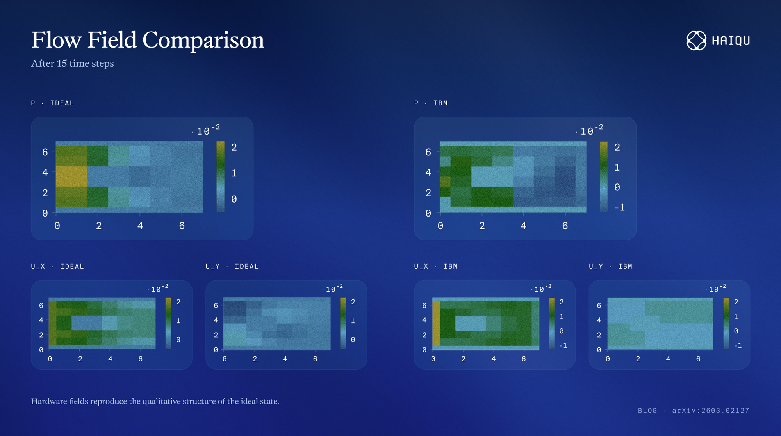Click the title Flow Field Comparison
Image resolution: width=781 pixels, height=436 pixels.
148,40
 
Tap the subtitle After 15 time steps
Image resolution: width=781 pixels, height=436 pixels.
73,64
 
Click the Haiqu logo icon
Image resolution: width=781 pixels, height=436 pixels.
696,41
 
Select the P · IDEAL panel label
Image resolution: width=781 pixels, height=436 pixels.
53,103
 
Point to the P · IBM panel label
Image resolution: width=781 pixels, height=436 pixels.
431,103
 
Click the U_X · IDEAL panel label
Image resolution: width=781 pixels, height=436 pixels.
58,266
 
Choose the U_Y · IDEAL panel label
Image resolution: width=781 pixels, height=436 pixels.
232,266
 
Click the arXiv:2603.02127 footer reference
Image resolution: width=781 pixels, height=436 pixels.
711,411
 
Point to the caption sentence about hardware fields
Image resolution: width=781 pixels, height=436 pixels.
155,401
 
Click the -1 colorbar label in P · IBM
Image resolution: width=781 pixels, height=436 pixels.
620,207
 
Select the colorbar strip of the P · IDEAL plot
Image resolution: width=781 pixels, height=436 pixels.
221,176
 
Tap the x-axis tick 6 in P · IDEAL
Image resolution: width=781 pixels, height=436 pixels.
182,226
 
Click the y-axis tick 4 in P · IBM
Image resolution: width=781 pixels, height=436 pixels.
428,172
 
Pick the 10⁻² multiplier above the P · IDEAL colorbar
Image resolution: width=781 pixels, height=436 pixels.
206,130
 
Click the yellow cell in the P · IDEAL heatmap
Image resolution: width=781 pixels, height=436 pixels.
71,176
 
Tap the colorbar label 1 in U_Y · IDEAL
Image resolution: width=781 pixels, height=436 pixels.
353,321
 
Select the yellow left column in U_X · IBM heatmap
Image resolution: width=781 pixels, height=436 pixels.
437,324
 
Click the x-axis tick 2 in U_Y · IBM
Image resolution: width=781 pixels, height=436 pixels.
638,359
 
